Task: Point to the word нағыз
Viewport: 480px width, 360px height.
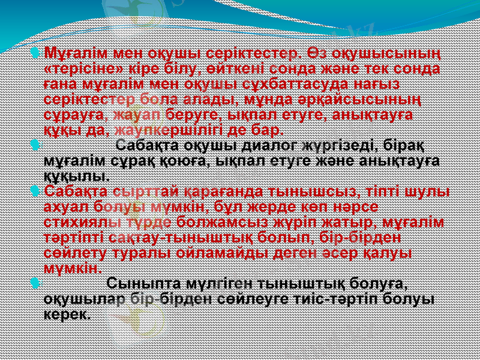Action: tap(373, 84)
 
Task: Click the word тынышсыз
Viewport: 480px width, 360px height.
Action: tap(322, 193)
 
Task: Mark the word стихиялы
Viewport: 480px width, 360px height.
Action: tap(78, 223)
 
